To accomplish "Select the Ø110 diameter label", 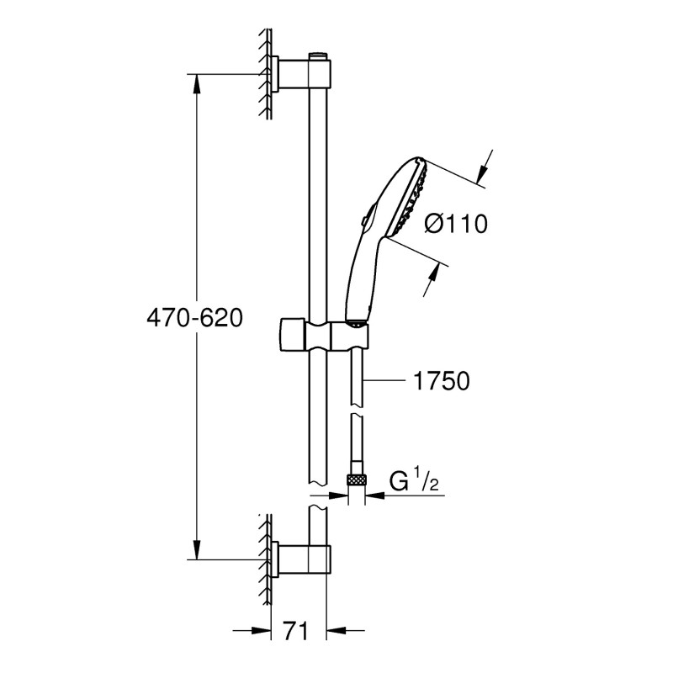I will tap(457, 224).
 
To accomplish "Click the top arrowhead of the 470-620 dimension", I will tap(196, 82).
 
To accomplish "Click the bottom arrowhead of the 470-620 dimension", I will tap(196, 552).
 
